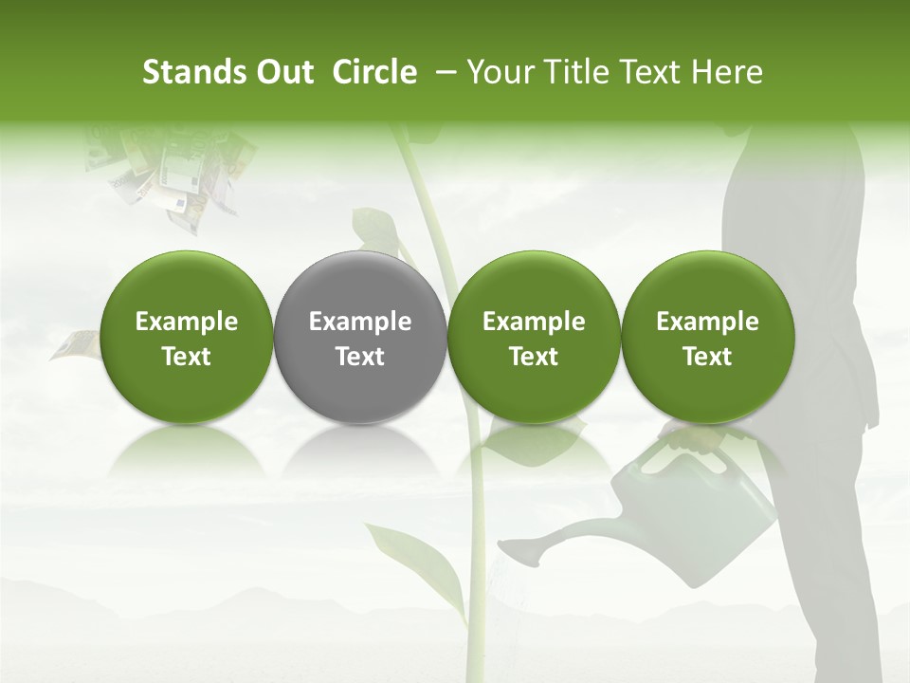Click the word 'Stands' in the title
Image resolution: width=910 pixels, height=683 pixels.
point(186,72)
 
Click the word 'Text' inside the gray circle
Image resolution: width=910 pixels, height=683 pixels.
point(360,357)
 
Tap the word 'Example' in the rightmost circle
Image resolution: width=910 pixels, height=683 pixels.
point(708,322)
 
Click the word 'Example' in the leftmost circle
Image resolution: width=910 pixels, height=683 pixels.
point(187,322)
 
